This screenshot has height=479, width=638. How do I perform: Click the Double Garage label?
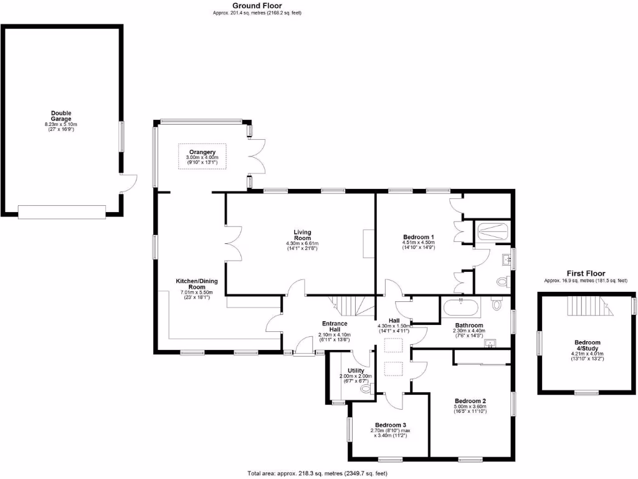pos(61,116)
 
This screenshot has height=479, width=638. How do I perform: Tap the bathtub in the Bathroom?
pos(461,308)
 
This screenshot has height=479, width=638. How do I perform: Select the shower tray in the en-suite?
pos(493,233)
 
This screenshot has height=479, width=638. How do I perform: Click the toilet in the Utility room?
pos(366,389)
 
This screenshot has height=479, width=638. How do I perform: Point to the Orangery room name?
pos(202,152)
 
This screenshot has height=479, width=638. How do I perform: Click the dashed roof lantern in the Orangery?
pos(202,156)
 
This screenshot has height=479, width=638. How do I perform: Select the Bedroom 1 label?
pos(417,237)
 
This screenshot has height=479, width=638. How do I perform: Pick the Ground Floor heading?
pos(257,5)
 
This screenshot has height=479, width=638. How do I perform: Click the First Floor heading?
pos(586,273)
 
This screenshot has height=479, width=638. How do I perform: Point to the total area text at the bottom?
pos(318,473)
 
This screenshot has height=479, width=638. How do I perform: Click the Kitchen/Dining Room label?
pos(196,284)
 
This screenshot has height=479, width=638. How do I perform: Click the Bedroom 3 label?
pos(391,425)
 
